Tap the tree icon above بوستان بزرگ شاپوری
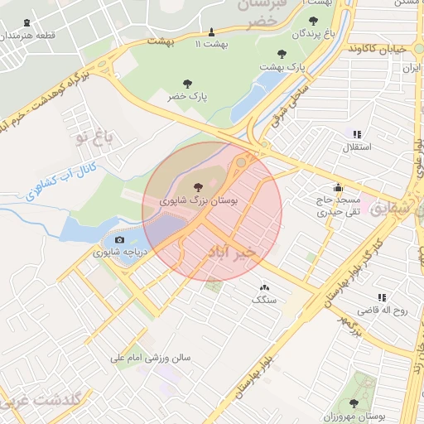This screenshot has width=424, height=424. (198, 187)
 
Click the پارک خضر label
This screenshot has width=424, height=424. (187, 97)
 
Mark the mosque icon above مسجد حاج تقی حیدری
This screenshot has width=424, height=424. (338, 187)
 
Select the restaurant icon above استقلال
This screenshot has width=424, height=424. (357, 134)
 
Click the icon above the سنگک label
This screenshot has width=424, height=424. (264, 287)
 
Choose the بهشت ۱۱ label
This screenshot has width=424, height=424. (210, 42)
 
